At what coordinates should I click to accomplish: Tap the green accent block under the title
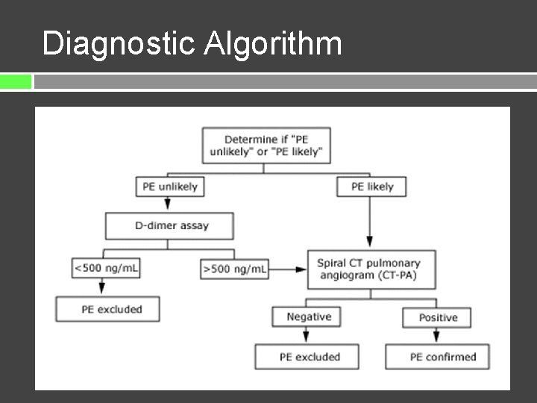pyautogui.click(x=16, y=81)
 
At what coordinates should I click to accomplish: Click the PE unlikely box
pyautogui.click(x=169, y=187)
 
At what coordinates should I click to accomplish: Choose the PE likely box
pyautogui.click(x=371, y=187)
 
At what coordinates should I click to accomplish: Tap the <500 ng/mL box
pyautogui.click(x=105, y=267)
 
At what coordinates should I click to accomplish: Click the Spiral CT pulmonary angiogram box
pyautogui.click(x=371, y=269)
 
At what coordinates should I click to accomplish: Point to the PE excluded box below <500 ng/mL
pyautogui.click(x=108, y=309)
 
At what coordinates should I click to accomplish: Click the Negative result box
pyautogui.click(x=308, y=316)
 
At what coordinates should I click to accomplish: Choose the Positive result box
pyautogui.click(x=436, y=317)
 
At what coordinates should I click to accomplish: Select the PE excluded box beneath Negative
pyautogui.click(x=307, y=357)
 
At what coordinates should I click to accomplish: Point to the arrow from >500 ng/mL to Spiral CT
pyautogui.click(x=287, y=268)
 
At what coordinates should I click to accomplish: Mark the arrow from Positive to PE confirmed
pyautogui.click(x=437, y=336)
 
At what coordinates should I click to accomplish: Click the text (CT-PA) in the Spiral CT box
pyautogui.click(x=400, y=275)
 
